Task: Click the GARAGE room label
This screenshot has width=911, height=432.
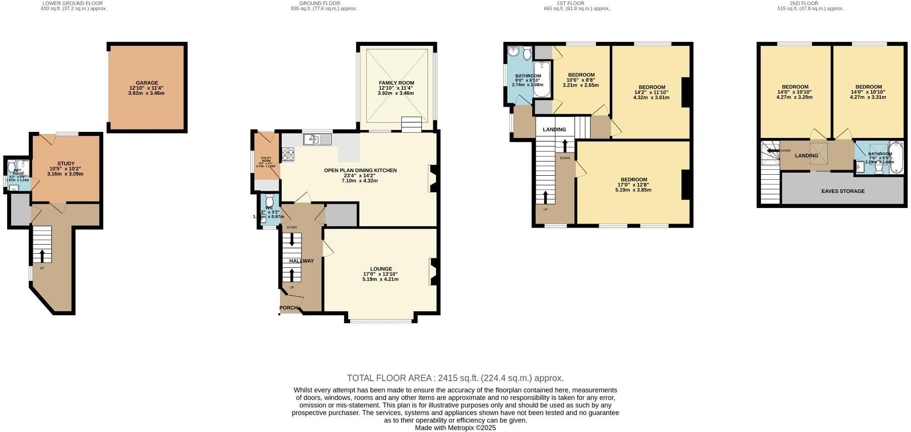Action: point(147,83)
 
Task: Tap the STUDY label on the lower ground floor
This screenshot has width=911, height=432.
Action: point(66,164)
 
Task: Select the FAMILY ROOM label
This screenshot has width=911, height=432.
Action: point(396,83)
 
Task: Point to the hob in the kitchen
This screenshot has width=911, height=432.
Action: point(288,154)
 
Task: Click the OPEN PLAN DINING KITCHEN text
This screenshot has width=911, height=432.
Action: point(360,171)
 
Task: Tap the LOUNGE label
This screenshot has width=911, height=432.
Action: point(380,269)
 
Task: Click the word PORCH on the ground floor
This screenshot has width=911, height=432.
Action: point(289,308)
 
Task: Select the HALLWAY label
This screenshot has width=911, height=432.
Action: point(301,261)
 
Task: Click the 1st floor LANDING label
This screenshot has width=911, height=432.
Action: point(554,129)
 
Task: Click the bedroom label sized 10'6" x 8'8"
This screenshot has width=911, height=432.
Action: point(580,75)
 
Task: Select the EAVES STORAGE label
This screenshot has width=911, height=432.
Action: point(842,191)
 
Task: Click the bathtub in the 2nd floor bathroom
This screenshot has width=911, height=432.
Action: point(897,157)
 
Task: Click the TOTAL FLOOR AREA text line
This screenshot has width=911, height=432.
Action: point(455,378)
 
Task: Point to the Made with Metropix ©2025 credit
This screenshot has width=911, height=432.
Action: point(455,428)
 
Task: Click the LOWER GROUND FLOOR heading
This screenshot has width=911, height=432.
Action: point(73,4)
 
